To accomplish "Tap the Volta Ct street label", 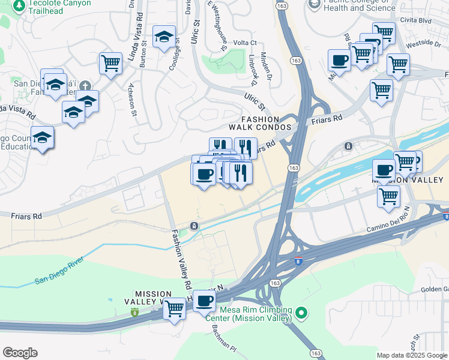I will (245, 43).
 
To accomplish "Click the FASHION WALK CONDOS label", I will (260, 123).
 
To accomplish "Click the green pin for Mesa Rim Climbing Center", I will (303, 313).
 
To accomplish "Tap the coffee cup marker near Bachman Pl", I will (204, 301).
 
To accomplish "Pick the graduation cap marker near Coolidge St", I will (163, 37).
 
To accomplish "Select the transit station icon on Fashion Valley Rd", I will (194, 226).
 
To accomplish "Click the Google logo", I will (20, 353).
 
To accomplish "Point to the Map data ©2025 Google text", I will (412, 355).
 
